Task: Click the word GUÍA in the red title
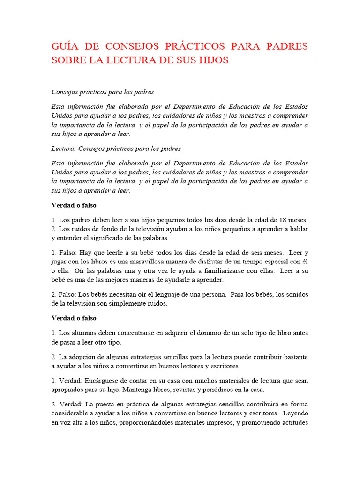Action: [63, 46]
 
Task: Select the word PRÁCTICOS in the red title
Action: [190, 46]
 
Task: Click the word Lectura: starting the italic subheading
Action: [63, 149]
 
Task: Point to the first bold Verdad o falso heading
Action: [74, 205]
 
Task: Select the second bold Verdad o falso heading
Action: [74, 318]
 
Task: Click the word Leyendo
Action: [295, 413]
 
